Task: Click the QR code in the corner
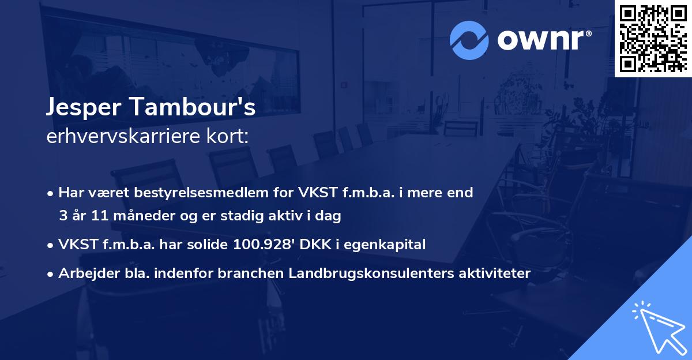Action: (653, 38)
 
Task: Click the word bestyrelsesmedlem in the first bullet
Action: (193, 193)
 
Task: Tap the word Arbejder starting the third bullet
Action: (84, 273)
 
